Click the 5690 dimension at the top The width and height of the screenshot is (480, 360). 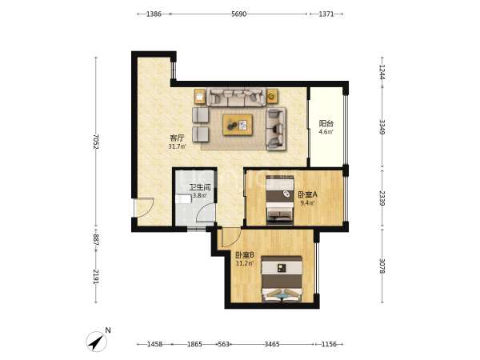(x=238, y=14)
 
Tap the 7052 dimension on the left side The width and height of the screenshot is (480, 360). (x=96, y=142)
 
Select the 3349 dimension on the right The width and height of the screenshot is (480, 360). (x=382, y=126)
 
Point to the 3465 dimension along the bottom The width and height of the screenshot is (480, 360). (x=272, y=344)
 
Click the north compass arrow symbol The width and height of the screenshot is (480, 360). (x=97, y=342)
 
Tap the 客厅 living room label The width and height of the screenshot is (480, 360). (x=177, y=138)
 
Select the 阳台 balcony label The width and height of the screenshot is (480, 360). (x=326, y=123)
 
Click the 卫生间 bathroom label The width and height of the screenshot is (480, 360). (x=200, y=187)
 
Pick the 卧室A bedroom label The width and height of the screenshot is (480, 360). (x=308, y=194)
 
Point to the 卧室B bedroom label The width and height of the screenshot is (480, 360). (x=245, y=254)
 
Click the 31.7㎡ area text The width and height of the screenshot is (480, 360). (x=177, y=146)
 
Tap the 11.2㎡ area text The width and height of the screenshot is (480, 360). (x=245, y=263)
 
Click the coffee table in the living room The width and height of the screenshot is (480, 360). (x=238, y=125)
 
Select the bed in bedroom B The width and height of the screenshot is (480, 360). (x=282, y=279)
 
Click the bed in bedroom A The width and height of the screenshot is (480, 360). (x=280, y=200)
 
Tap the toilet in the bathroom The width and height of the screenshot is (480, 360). (x=184, y=199)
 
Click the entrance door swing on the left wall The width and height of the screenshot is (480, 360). (x=144, y=207)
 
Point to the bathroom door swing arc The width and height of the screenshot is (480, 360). (x=205, y=213)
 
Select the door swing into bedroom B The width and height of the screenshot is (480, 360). (x=231, y=238)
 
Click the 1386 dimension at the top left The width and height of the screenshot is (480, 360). (x=154, y=14)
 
